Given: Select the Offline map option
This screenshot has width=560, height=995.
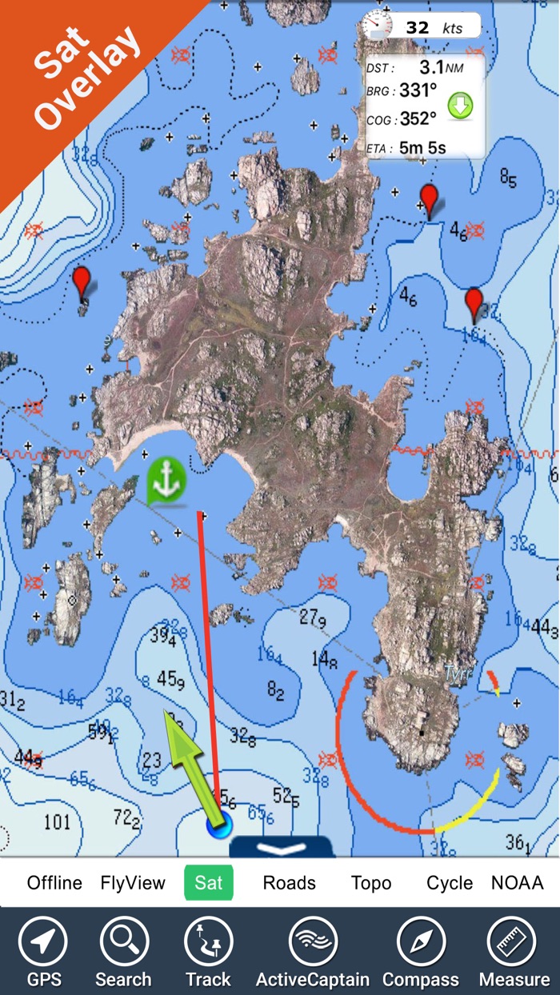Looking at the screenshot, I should [x=54, y=883].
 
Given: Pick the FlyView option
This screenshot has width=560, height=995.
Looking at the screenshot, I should [x=133, y=883].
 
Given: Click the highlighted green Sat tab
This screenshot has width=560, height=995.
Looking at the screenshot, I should [x=209, y=883].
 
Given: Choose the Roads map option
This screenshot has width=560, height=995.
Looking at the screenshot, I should [x=289, y=883].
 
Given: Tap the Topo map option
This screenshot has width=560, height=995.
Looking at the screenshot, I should [x=371, y=883].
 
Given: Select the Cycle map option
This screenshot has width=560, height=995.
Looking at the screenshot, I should [x=450, y=883].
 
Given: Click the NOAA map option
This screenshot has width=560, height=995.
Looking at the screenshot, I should [x=518, y=883].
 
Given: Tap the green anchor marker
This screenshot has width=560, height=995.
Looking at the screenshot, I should [x=166, y=480].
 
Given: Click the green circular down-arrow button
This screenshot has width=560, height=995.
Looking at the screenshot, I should [x=460, y=105].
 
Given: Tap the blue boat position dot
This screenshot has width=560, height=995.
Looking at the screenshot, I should [x=218, y=825].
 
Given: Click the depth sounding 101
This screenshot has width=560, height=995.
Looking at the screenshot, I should [x=57, y=822].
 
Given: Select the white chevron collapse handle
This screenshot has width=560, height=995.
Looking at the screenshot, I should [x=282, y=848].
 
